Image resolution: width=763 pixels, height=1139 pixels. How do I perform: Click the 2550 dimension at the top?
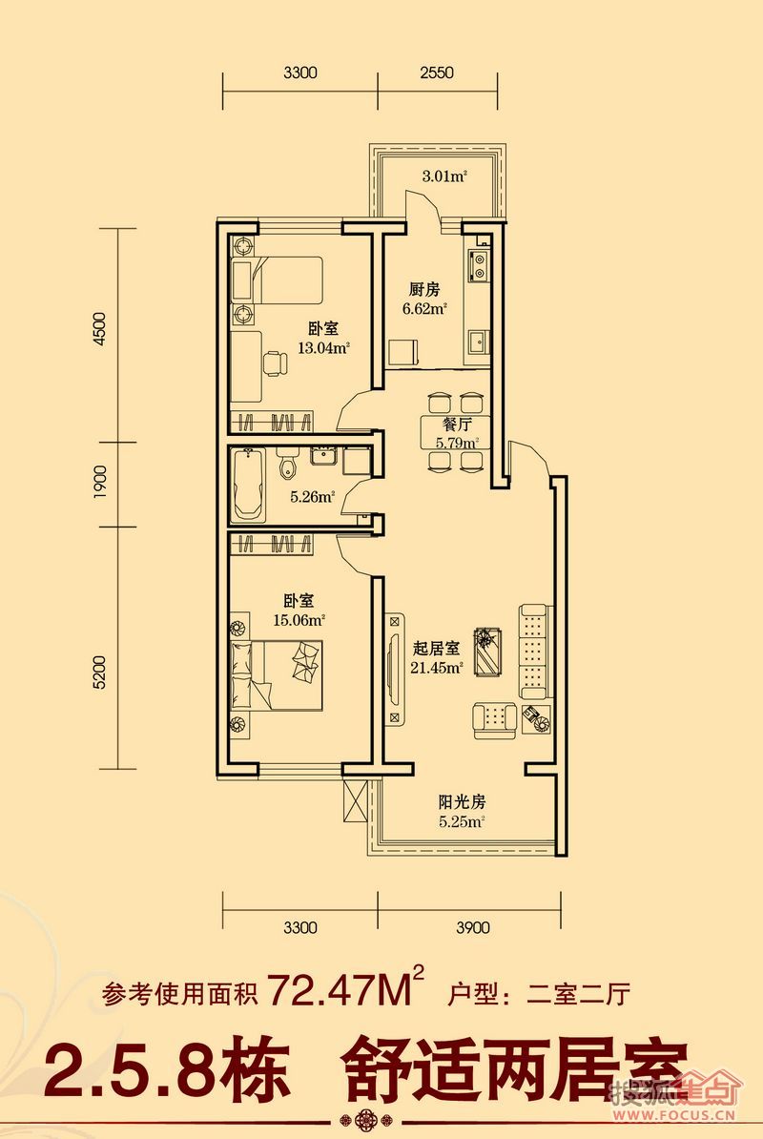point(436,72)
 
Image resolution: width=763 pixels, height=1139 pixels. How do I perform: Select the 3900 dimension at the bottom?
point(473,927)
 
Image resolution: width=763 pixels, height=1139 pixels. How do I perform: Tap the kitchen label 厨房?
point(424,290)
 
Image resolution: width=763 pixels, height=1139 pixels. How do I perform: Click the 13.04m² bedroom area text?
point(323,347)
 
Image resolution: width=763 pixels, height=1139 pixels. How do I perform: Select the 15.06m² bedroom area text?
point(299,620)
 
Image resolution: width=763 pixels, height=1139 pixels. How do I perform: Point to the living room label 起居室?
point(436,648)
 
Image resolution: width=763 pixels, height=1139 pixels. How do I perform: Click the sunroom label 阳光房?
point(462,802)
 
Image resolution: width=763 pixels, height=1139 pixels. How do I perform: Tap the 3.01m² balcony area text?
point(443,176)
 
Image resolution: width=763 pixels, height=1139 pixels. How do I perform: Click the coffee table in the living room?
point(487,651)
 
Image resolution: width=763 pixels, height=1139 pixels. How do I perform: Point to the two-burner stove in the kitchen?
point(479,265)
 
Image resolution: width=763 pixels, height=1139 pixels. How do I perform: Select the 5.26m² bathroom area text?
point(312,498)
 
